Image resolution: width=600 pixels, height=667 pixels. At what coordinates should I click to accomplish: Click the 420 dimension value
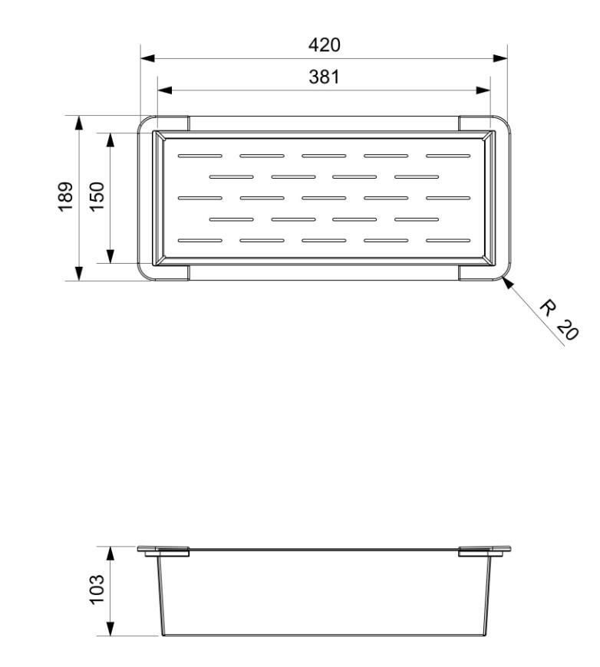324,44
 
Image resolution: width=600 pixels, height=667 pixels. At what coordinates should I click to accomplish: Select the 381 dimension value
324,77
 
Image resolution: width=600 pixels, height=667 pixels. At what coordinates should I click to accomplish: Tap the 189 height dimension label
65,197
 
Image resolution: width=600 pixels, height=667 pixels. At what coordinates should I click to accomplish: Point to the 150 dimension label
97,197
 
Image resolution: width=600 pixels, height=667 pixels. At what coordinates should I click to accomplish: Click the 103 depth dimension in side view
97,589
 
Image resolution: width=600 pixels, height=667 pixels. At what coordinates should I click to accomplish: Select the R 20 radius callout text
559,320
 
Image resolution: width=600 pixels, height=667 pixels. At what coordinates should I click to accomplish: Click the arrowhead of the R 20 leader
507,282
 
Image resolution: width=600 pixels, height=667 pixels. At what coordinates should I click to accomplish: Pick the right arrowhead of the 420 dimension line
500,58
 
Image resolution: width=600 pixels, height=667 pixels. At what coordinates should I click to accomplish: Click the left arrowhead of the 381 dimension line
165,90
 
